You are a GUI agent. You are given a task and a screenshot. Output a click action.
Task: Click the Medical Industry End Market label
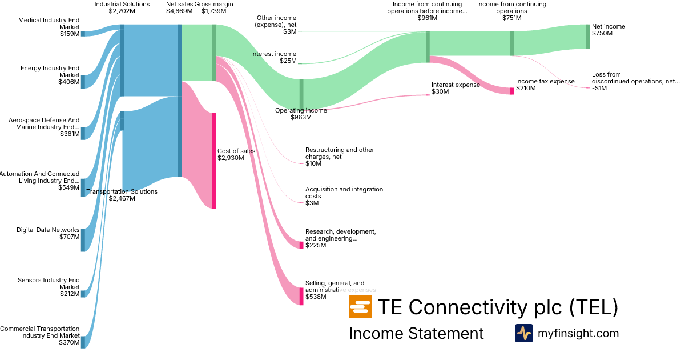click(49, 23)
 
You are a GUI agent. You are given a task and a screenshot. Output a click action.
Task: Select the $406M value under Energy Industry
click(68, 82)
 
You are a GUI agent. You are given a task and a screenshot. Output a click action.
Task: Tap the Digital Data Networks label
click(48, 230)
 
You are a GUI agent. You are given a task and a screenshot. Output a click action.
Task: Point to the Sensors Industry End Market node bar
click(83, 294)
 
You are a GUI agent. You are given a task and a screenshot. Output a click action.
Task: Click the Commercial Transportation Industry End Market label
click(40, 332)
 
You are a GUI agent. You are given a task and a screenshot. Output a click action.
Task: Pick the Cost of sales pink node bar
click(214, 161)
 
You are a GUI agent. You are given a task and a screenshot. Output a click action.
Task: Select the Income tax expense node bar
click(512, 91)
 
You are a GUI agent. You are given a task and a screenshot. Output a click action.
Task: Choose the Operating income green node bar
click(301, 94)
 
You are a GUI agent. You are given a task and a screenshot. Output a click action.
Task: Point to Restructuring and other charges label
click(340, 153)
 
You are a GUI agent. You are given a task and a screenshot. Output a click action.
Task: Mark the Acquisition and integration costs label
click(344, 193)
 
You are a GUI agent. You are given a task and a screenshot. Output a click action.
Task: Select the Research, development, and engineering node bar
click(301, 245)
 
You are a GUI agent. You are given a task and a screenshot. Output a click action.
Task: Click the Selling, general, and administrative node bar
click(301, 296)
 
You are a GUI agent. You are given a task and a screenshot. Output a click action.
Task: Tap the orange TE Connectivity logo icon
click(360, 307)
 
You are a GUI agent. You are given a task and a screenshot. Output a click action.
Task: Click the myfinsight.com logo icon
click(523, 333)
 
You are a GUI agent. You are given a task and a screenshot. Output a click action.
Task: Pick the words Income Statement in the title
click(416, 333)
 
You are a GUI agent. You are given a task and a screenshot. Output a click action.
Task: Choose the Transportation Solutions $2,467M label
click(122, 195)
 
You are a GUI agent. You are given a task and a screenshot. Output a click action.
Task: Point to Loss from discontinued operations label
click(635, 78)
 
